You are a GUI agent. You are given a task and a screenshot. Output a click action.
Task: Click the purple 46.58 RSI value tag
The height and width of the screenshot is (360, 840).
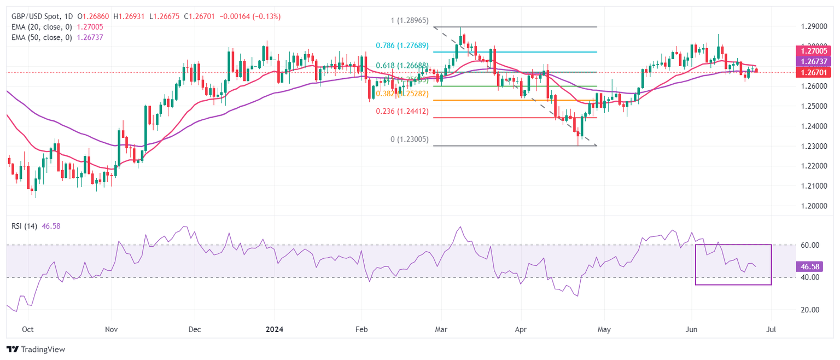pyautogui.click(x=807, y=266)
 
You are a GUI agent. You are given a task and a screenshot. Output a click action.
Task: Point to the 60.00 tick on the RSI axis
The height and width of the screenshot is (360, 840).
pyautogui.click(x=807, y=245)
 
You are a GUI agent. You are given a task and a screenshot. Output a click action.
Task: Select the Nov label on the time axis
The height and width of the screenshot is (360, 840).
pyautogui.click(x=111, y=330)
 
